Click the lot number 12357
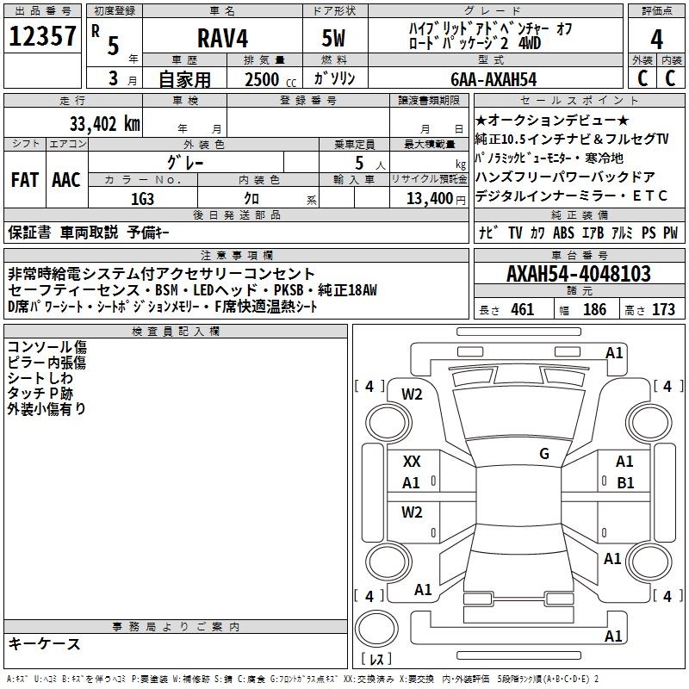[42, 36]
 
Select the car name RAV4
[223, 38]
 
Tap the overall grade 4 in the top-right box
[656, 40]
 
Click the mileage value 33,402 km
[104, 124]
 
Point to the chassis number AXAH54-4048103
[579, 274]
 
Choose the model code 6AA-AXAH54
[493, 79]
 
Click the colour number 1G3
[142, 199]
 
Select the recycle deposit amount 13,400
[430, 199]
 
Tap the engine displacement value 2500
[262, 79]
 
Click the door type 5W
[333, 38]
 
